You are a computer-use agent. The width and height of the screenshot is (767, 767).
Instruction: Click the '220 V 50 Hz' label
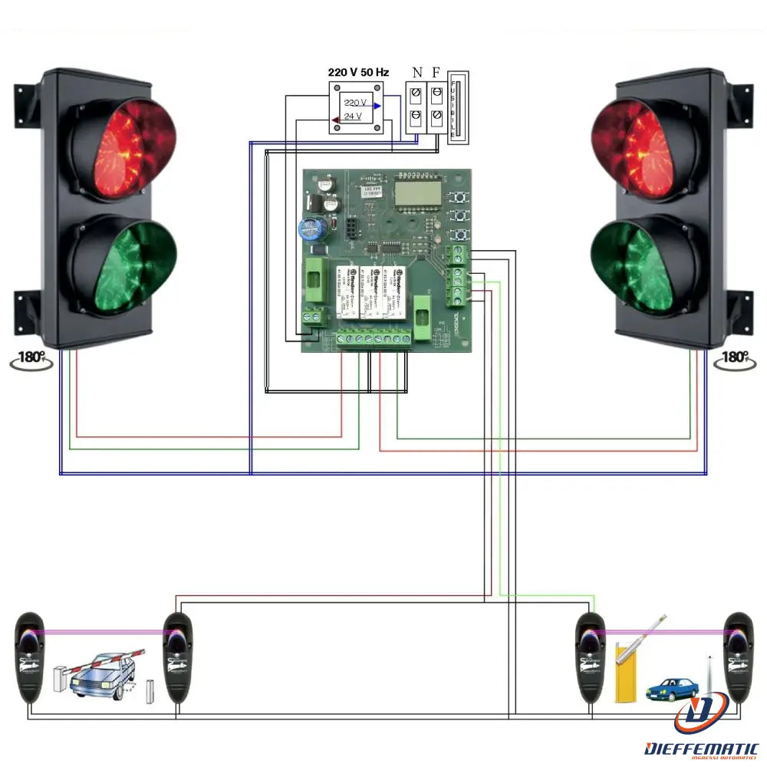(x=358, y=72)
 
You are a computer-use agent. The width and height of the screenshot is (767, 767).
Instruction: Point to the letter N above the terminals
(x=416, y=73)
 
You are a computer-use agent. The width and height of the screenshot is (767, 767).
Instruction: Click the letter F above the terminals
(x=436, y=73)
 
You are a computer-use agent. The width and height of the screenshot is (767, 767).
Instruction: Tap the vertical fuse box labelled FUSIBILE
(x=457, y=107)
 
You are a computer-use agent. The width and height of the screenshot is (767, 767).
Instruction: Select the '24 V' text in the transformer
(x=353, y=117)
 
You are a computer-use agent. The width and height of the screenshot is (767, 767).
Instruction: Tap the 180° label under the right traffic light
(x=734, y=357)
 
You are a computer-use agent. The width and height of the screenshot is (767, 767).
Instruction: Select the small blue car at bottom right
(x=672, y=688)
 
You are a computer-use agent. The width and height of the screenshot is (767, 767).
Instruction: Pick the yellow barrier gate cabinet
(x=623, y=674)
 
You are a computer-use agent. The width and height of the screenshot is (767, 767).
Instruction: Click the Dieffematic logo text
(x=702, y=747)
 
